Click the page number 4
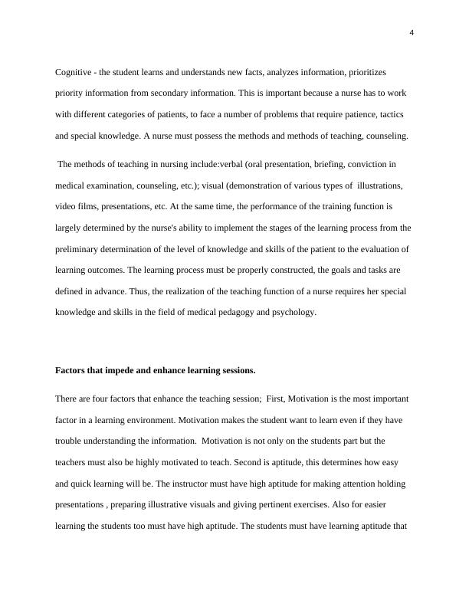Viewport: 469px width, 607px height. [x=412, y=32]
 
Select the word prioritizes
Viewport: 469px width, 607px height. [x=366, y=72]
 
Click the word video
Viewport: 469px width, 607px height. [x=66, y=207]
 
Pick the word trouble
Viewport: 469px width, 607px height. [x=70, y=441]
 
